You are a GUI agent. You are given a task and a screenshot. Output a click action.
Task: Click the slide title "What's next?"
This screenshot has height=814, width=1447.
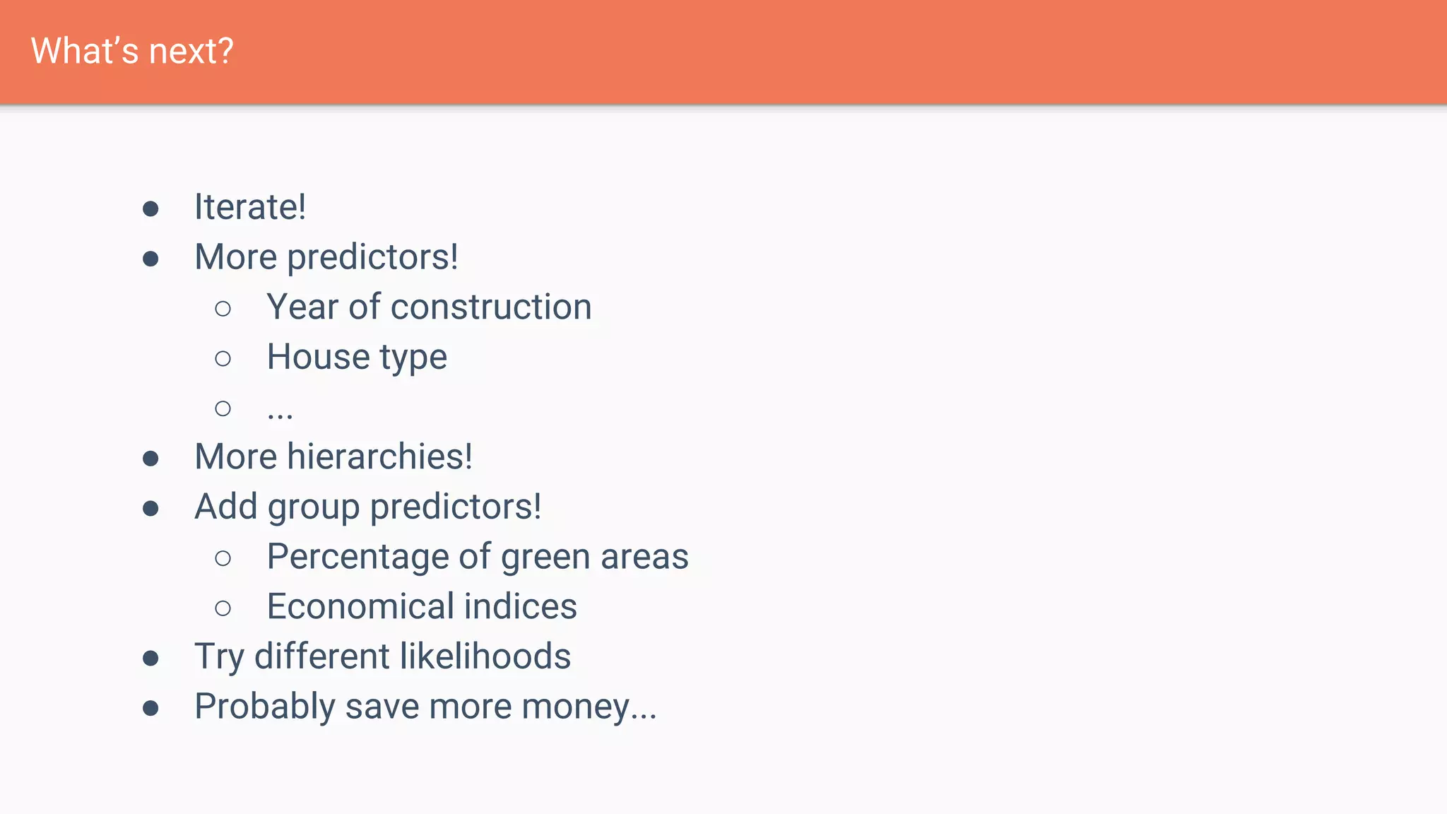[x=132, y=51]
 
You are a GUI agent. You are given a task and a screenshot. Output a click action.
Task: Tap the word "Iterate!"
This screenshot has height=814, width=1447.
[x=250, y=207]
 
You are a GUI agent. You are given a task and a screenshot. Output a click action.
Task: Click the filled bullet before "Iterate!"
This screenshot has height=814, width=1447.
[x=150, y=208]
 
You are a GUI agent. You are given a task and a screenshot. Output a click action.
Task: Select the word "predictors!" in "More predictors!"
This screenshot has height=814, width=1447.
[x=372, y=256]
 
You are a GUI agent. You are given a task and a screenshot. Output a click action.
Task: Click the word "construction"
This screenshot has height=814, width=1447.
[x=491, y=307]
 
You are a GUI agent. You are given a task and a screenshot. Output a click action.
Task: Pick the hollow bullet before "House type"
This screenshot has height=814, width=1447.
[x=223, y=358]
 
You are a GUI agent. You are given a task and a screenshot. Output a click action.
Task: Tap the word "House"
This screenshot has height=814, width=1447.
[x=318, y=356]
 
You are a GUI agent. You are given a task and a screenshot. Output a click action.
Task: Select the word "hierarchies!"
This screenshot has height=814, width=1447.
[x=379, y=456]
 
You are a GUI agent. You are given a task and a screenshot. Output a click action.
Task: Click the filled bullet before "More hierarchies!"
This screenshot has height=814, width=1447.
[x=150, y=459]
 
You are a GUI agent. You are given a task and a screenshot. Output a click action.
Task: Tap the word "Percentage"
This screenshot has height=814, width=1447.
[x=358, y=557]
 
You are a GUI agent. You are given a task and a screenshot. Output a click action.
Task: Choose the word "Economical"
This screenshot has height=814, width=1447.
[x=360, y=606]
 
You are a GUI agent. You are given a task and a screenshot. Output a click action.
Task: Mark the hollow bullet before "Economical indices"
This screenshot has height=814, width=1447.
[x=223, y=608]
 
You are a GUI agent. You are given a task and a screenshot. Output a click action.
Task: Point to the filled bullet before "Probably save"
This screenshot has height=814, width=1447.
[x=150, y=708]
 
